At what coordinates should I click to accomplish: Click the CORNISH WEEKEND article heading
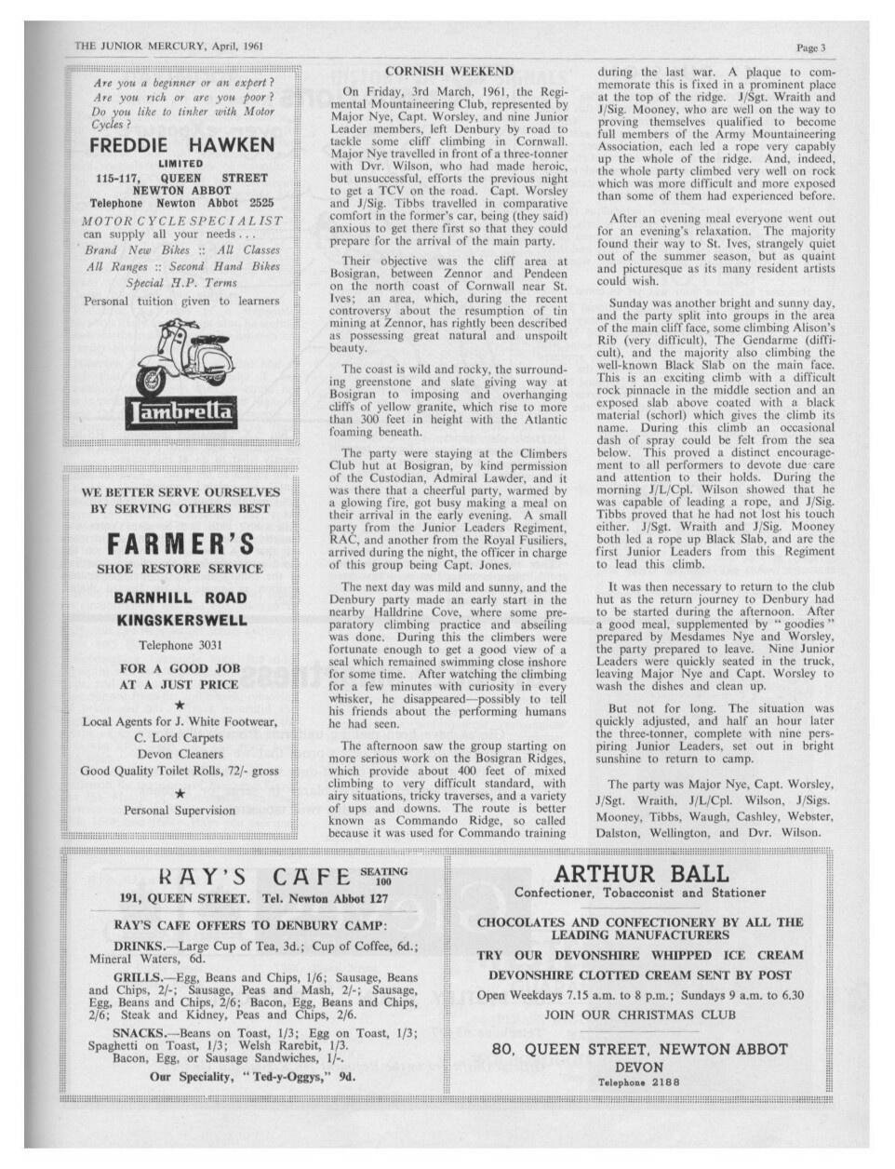click(448, 71)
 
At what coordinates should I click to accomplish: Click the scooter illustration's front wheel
click(154, 382)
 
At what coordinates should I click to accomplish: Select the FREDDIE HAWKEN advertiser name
click(181, 145)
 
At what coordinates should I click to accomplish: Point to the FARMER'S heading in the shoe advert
click(180, 543)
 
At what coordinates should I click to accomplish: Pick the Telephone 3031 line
click(180, 645)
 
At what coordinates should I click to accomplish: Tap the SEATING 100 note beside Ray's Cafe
click(383, 876)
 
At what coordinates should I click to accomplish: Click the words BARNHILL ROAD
click(180, 598)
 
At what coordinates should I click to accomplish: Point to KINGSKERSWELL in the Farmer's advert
click(180, 620)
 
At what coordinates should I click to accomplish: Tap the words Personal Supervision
click(180, 810)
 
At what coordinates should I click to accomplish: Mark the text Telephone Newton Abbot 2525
click(181, 202)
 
